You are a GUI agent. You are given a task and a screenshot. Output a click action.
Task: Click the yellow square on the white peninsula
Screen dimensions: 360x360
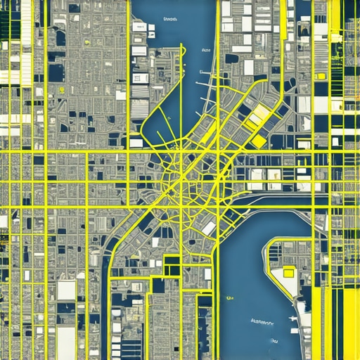click(x=288, y=273)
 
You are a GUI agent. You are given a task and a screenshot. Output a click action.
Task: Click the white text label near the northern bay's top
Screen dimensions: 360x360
click(x=170, y=20)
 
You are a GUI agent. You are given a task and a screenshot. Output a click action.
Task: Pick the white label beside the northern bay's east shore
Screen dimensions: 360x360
click(x=206, y=51)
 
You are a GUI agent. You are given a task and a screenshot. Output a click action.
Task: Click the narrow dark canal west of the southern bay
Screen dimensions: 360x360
click(x=107, y=309)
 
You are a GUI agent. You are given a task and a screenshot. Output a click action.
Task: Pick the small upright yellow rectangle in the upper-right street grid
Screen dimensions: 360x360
click(x=320, y=76)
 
